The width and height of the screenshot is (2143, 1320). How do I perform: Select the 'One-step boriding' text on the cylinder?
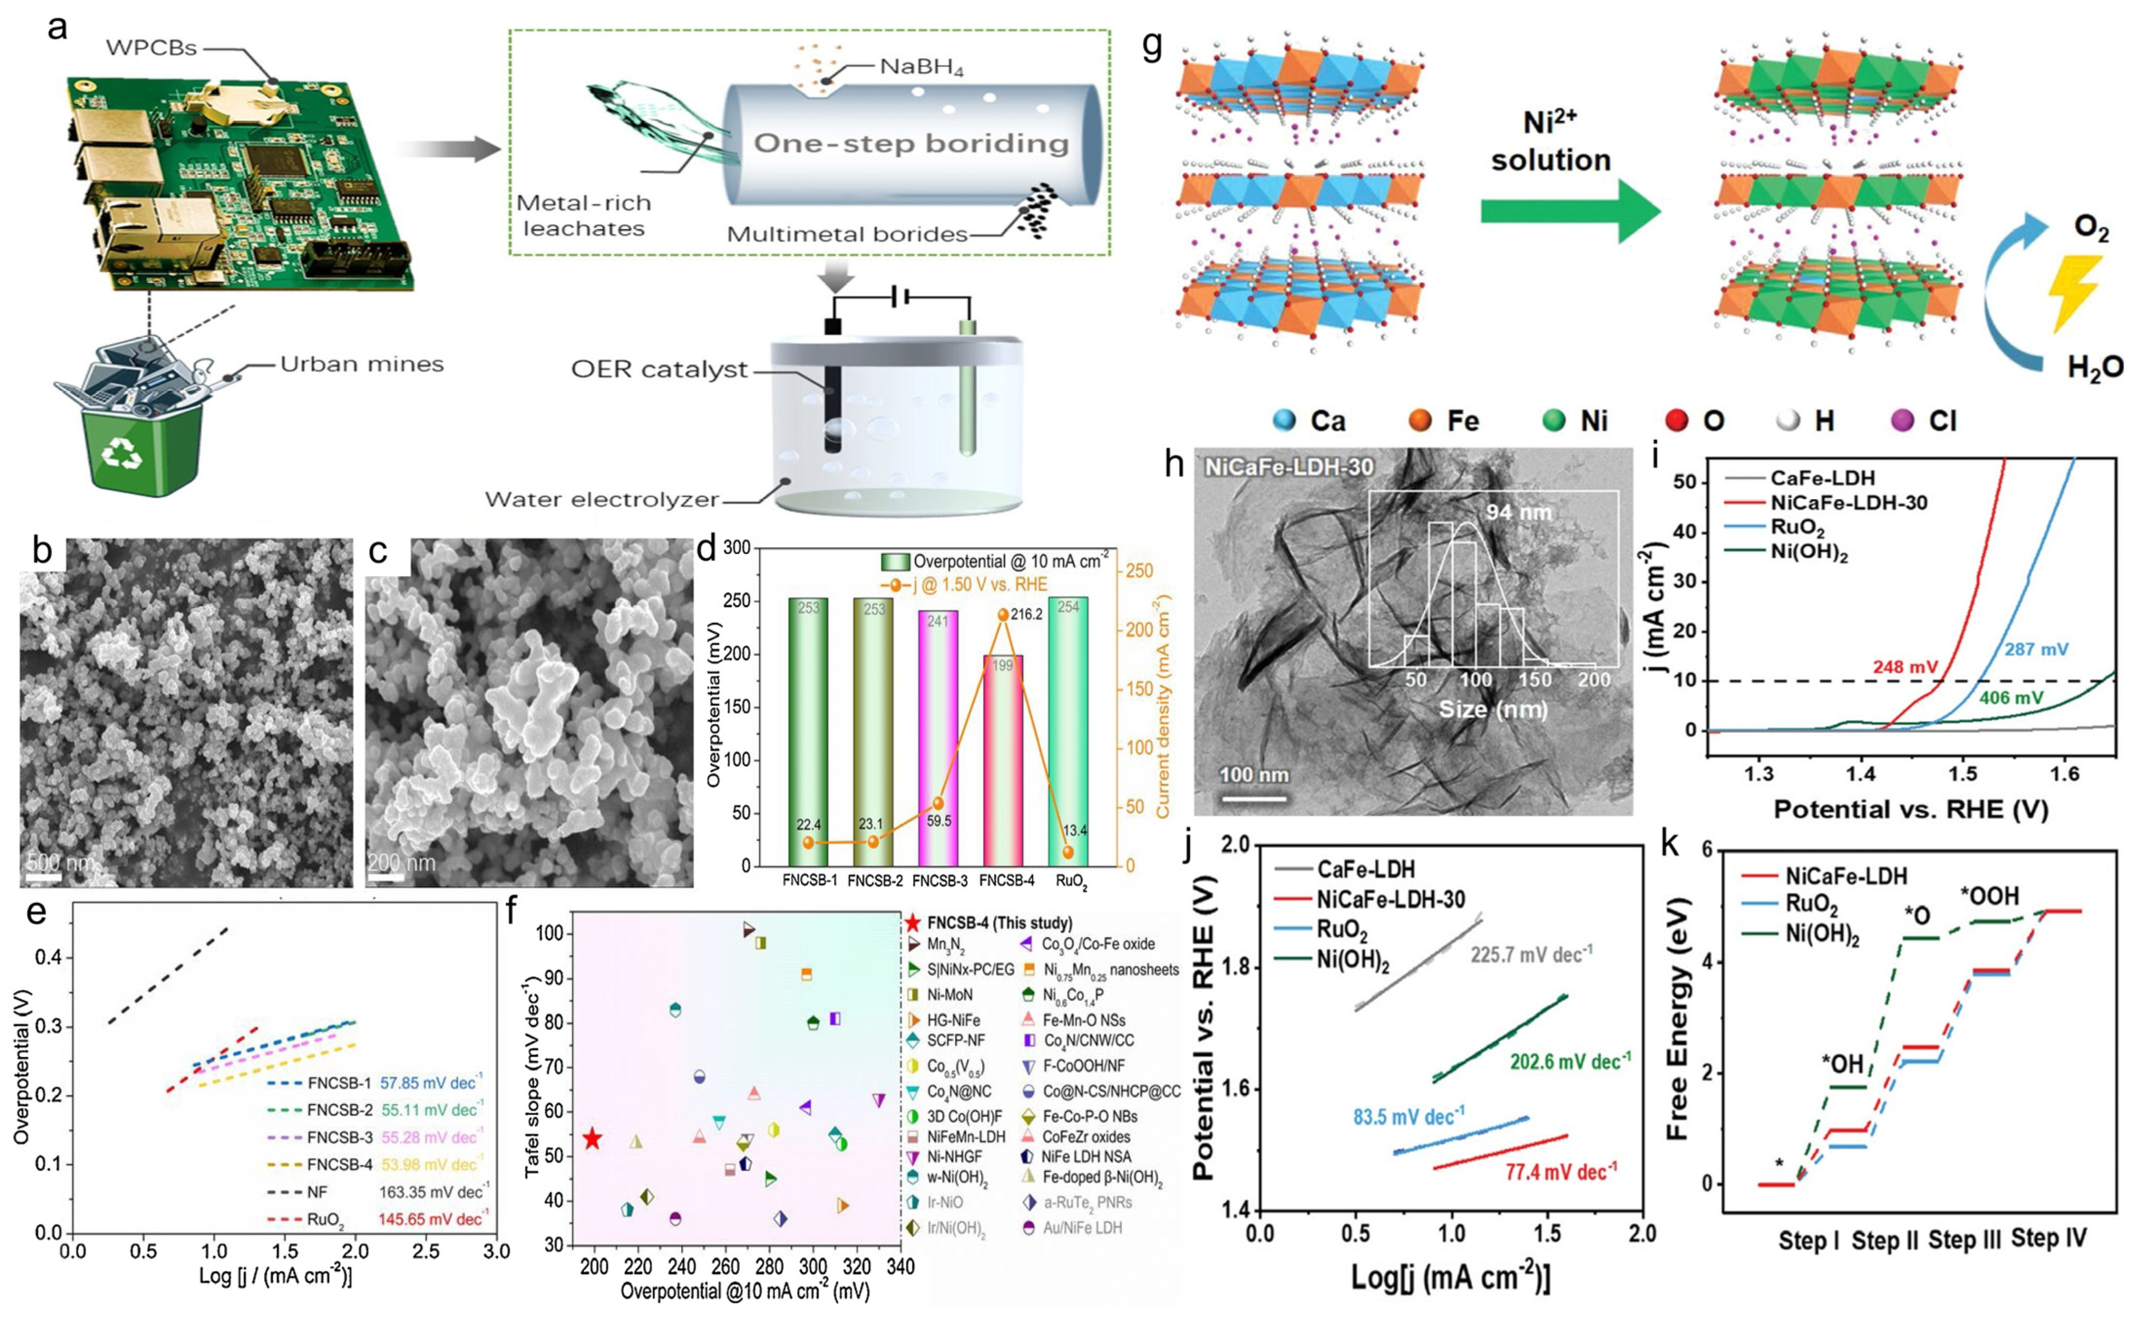(910, 143)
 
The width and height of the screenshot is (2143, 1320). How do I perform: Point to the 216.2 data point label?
(1026, 614)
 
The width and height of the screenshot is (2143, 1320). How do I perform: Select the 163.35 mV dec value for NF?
(434, 1192)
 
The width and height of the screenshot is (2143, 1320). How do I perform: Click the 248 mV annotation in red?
(1904, 668)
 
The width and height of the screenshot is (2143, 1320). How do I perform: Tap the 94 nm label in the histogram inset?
(1518, 512)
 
